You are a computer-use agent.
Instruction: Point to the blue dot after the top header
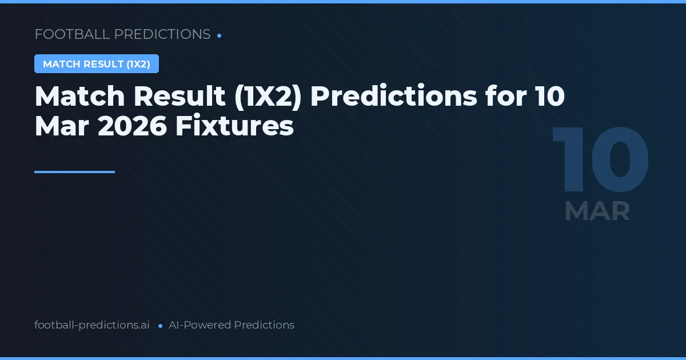pos(220,35)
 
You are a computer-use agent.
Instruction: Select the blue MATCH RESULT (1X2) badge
pos(97,64)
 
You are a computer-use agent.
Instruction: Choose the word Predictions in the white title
pos(394,97)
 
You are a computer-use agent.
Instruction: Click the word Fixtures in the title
pos(234,126)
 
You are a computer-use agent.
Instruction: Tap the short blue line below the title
pos(74,171)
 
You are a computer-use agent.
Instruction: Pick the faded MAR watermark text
pos(597,211)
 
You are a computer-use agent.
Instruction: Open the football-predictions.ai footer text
pos(92,325)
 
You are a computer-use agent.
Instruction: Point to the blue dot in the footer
pos(160,326)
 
